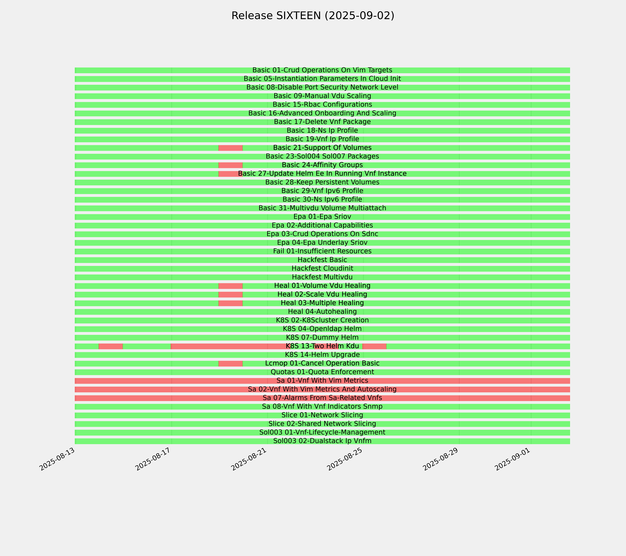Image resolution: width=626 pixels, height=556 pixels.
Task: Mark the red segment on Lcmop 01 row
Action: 231,363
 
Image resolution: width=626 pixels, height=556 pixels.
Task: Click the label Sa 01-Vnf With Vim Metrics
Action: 322,381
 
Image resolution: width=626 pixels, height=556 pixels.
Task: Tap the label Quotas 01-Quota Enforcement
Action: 322,372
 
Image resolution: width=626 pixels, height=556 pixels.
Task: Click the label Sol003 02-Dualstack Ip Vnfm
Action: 322,441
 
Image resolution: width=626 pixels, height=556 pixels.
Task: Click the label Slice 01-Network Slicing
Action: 322,415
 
